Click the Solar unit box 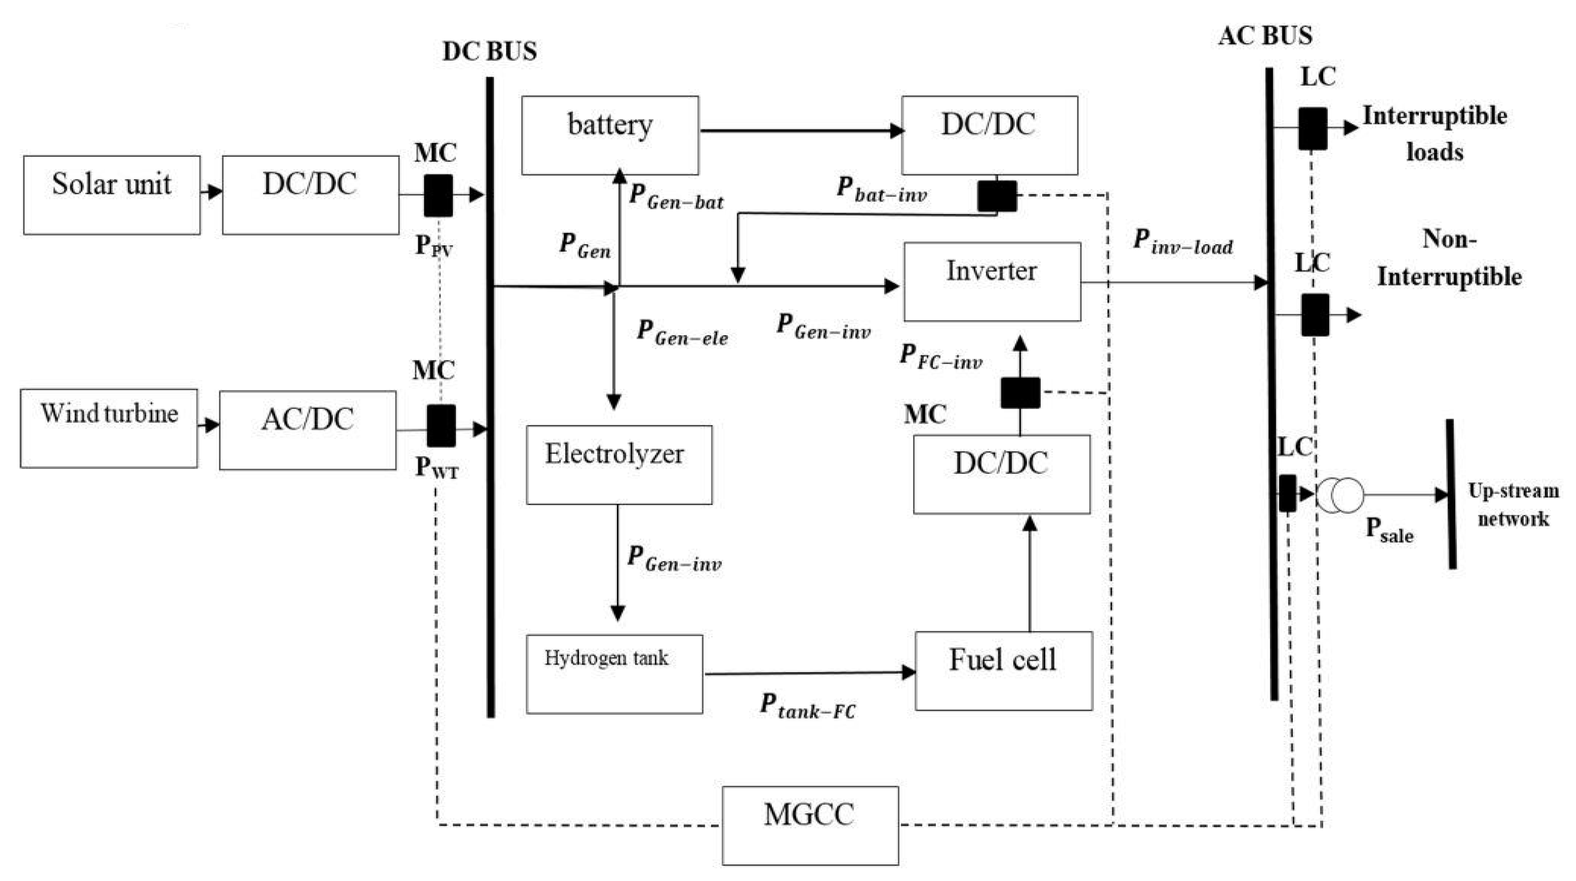pos(112,195)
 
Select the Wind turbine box pos(109,429)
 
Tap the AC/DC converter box pos(308,430)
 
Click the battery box pos(610,135)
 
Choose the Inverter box pos(992,282)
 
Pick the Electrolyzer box pos(619,465)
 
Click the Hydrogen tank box pos(614,674)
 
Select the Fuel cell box pos(1004,671)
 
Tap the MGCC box pos(810,825)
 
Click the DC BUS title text pos(490,52)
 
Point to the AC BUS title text pos(1265,36)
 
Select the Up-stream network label pos(1513,505)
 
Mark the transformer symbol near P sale pos(1340,495)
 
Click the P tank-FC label pos(808,706)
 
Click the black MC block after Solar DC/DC pos(439,195)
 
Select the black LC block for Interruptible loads pos(1313,129)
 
